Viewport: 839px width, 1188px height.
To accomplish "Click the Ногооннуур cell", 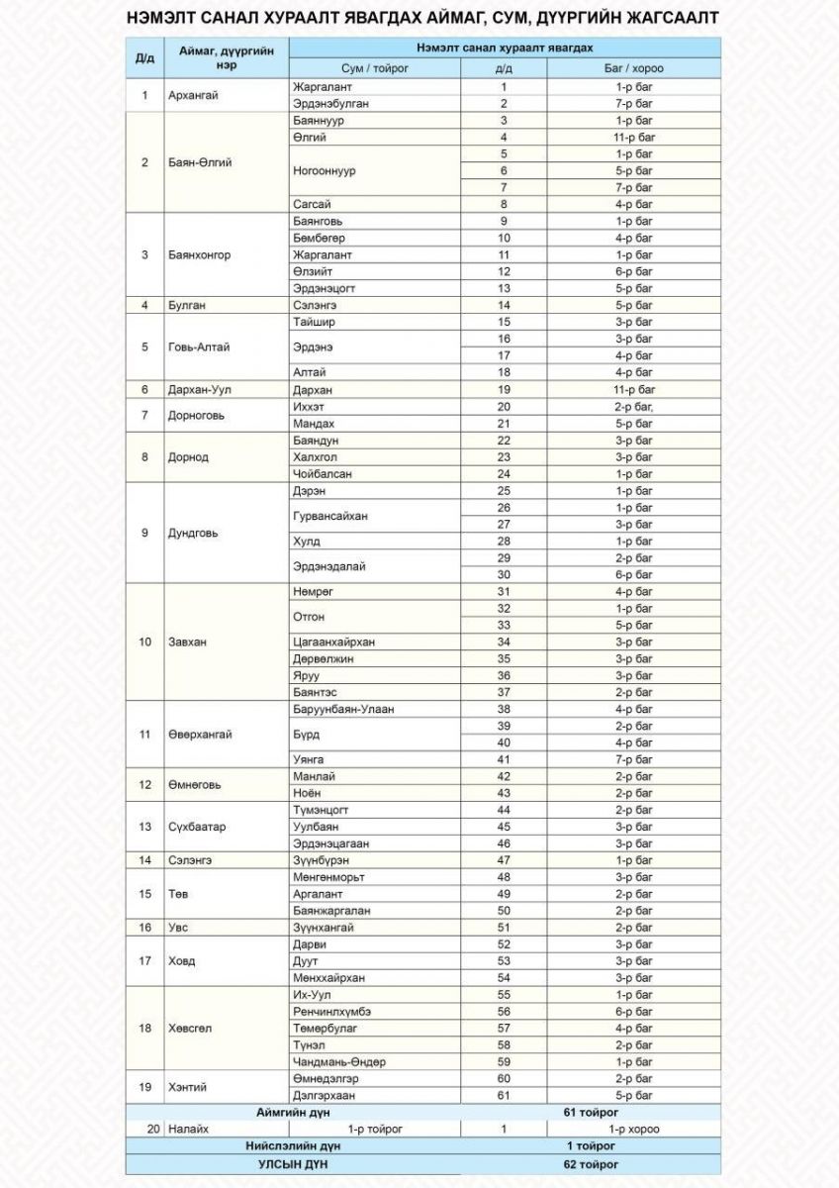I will [325, 170].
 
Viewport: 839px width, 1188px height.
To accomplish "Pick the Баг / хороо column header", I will [633, 68].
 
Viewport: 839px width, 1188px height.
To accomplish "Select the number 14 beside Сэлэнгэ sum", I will [504, 305].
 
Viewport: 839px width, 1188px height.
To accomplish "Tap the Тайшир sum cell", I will [315, 322].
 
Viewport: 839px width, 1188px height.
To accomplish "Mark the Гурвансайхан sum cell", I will [330, 516].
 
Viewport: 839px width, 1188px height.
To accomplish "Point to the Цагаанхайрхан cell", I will [333, 642].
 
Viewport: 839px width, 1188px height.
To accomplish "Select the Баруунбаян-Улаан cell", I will [343, 709].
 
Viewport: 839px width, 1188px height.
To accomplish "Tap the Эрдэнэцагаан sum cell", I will [331, 842].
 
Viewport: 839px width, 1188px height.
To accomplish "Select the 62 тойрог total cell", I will [591, 1163].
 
